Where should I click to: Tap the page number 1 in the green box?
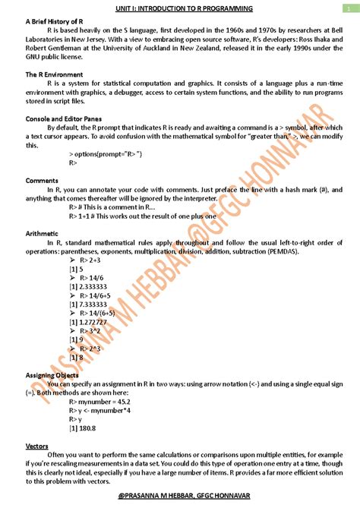(346, 7)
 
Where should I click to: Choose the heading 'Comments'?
(42, 181)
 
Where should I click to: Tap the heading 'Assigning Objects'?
(52, 375)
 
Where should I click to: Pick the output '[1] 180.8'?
(82, 428)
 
